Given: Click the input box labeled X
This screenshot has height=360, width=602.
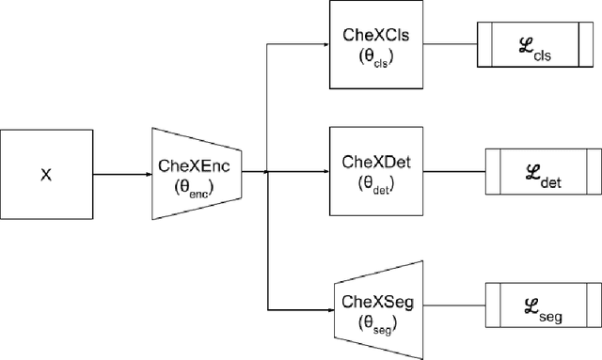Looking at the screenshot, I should pyautogui.click(x=47, y=173).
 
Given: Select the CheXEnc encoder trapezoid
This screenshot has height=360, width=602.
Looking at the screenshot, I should pyautogui.click(x=198, y=173).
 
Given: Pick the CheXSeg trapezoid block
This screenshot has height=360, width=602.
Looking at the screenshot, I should pyautogui.click(x=374, y=308).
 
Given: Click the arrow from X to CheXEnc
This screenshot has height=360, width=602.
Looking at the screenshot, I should pyautogui.click(x=122, y=173).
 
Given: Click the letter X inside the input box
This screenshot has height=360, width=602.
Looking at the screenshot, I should pyautogui.click(x=47, y=173).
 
